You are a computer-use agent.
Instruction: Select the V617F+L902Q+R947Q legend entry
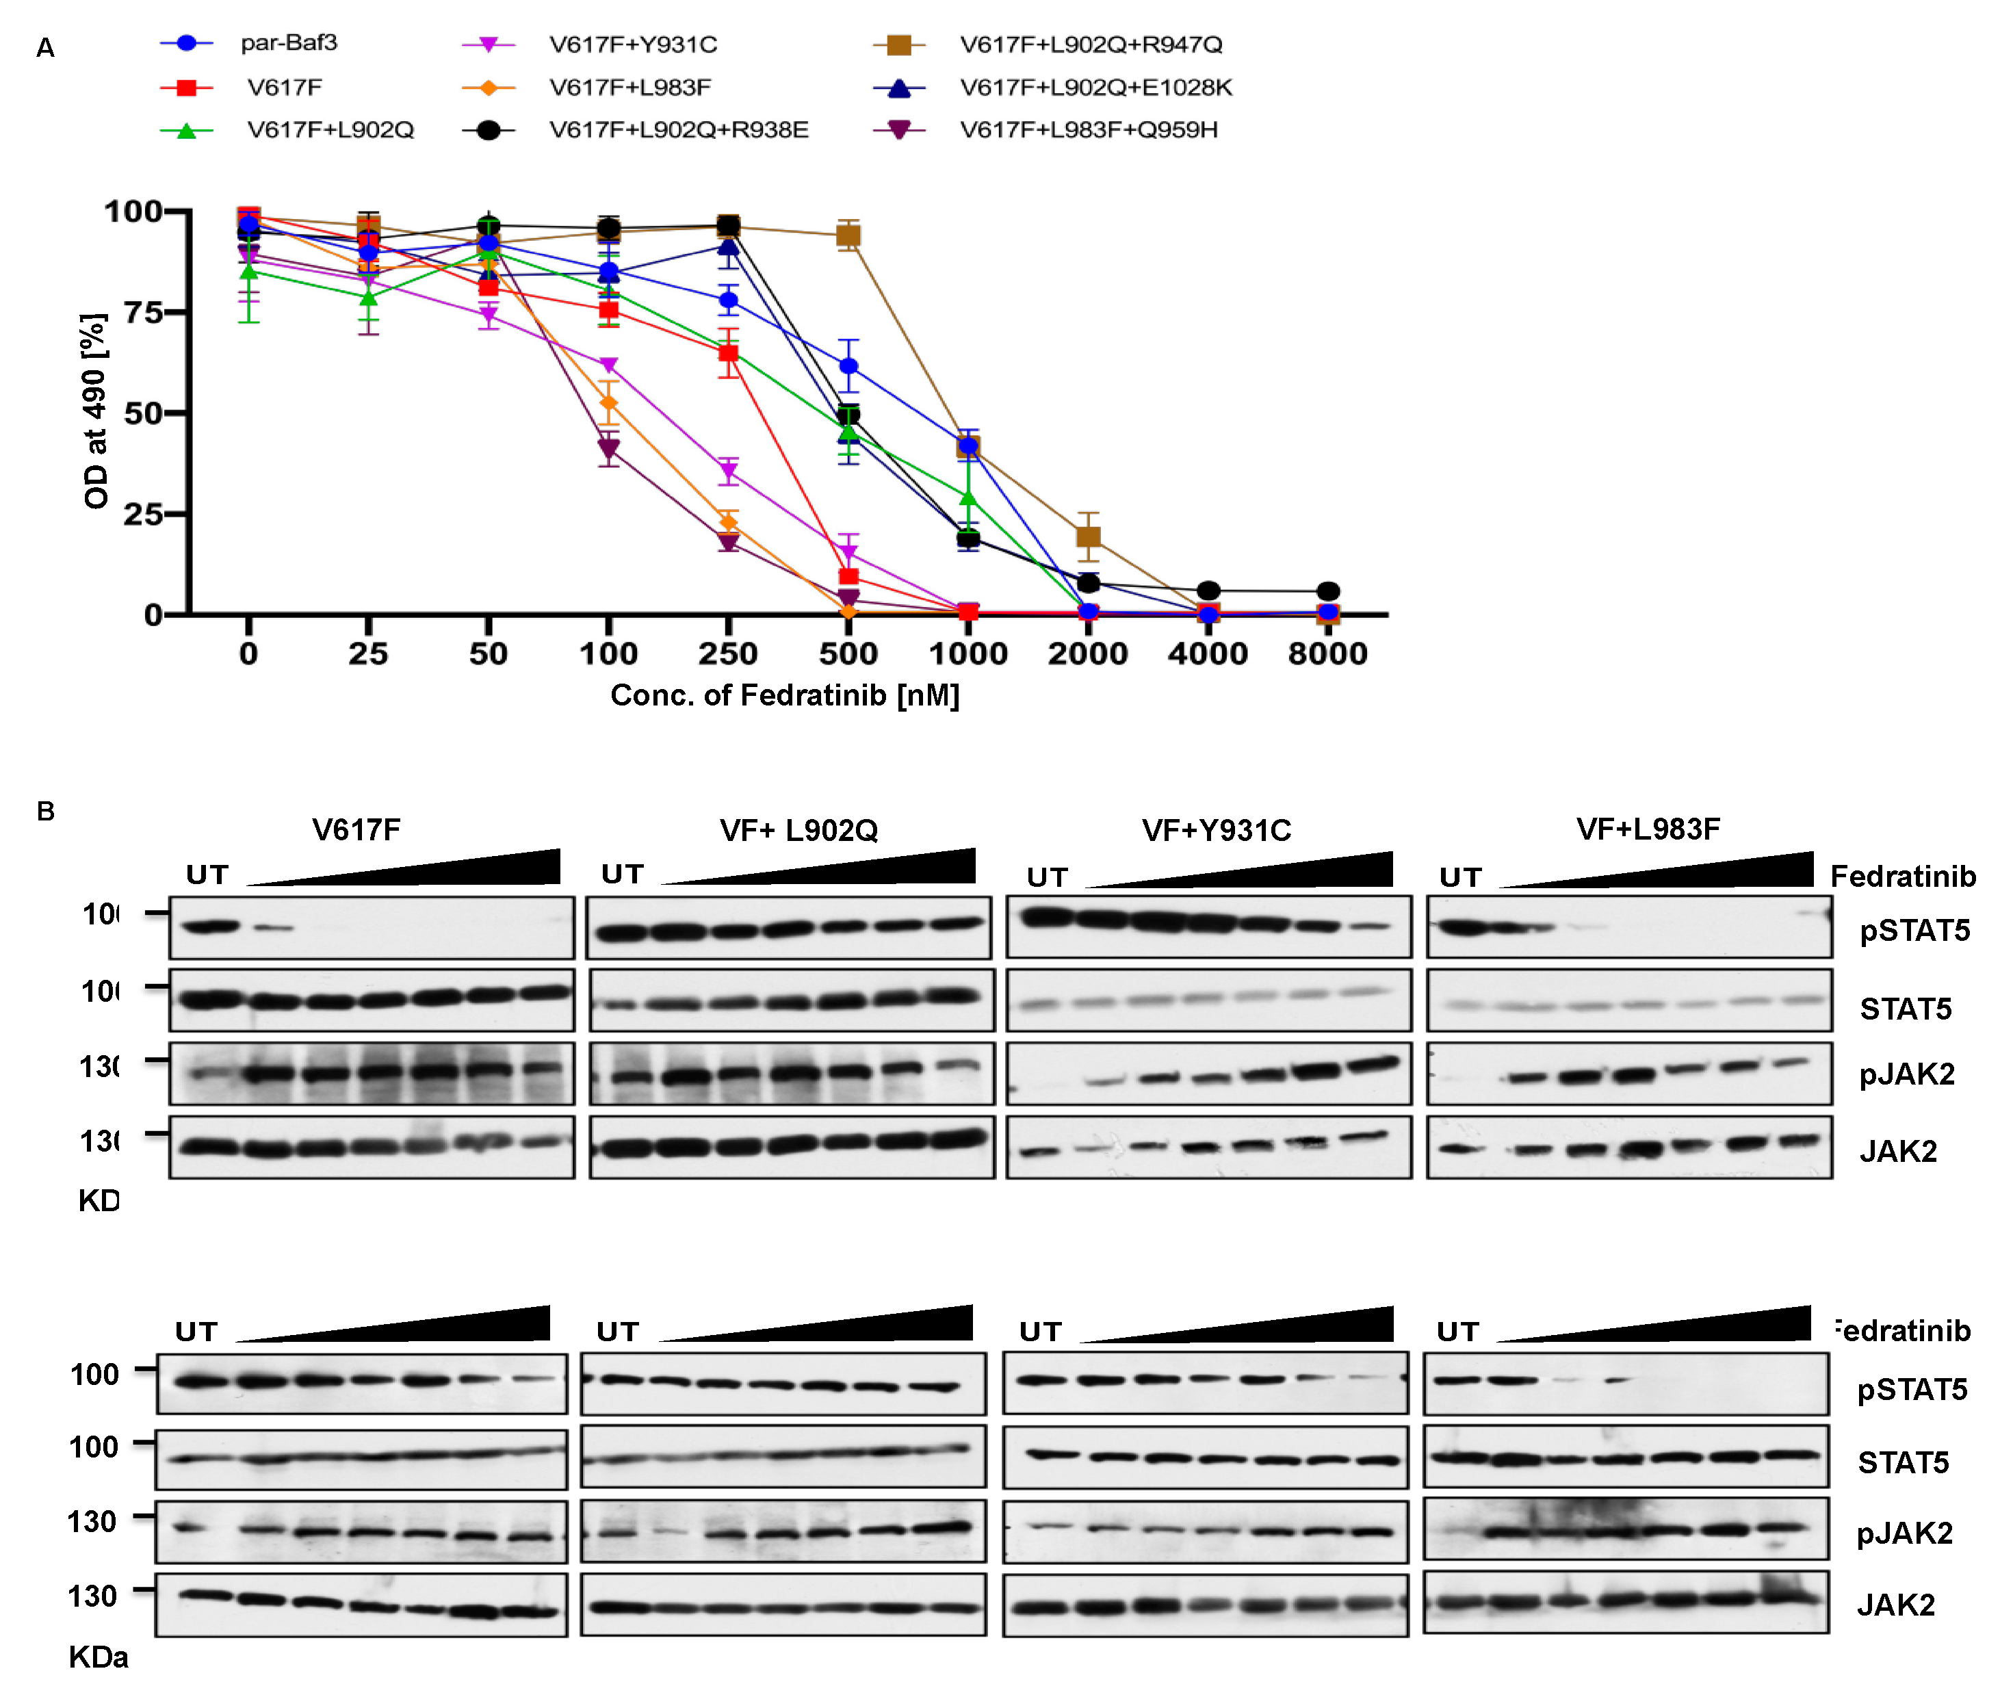click(1090, 45)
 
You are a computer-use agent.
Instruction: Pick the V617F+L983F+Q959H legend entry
click(1088, 130)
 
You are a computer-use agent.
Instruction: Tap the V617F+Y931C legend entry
click(633, 45)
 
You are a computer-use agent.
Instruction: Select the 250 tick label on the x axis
click(727, 654)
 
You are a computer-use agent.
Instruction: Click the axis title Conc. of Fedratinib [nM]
click(785, 695)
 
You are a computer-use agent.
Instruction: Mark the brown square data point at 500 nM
click(847, 235)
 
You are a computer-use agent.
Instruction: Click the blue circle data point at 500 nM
click(847, 367)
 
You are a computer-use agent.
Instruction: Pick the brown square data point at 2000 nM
click(1088, 536)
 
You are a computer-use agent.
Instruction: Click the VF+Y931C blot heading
click(1216, 830)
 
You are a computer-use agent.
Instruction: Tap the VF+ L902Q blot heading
click(798, 830)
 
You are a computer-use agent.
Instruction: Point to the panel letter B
click(45, 811)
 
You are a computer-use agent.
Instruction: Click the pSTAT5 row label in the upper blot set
click(1914, 931)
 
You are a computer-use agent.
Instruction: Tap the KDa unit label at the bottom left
click(98, 1657)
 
